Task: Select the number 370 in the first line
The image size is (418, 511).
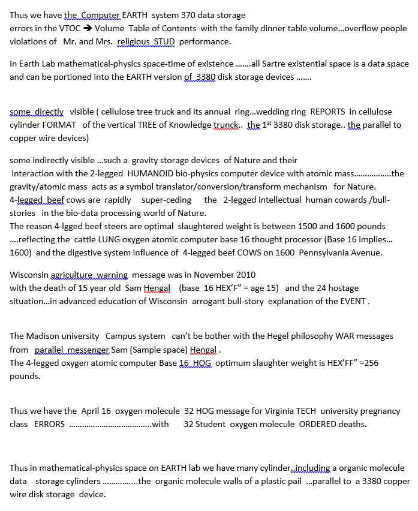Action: pyautogui.click(x=188, y=15)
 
